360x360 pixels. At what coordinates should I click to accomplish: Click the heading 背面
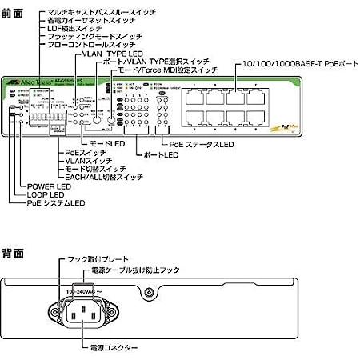[14, 254]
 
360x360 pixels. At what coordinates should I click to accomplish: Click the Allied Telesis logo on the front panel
[35, 82]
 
